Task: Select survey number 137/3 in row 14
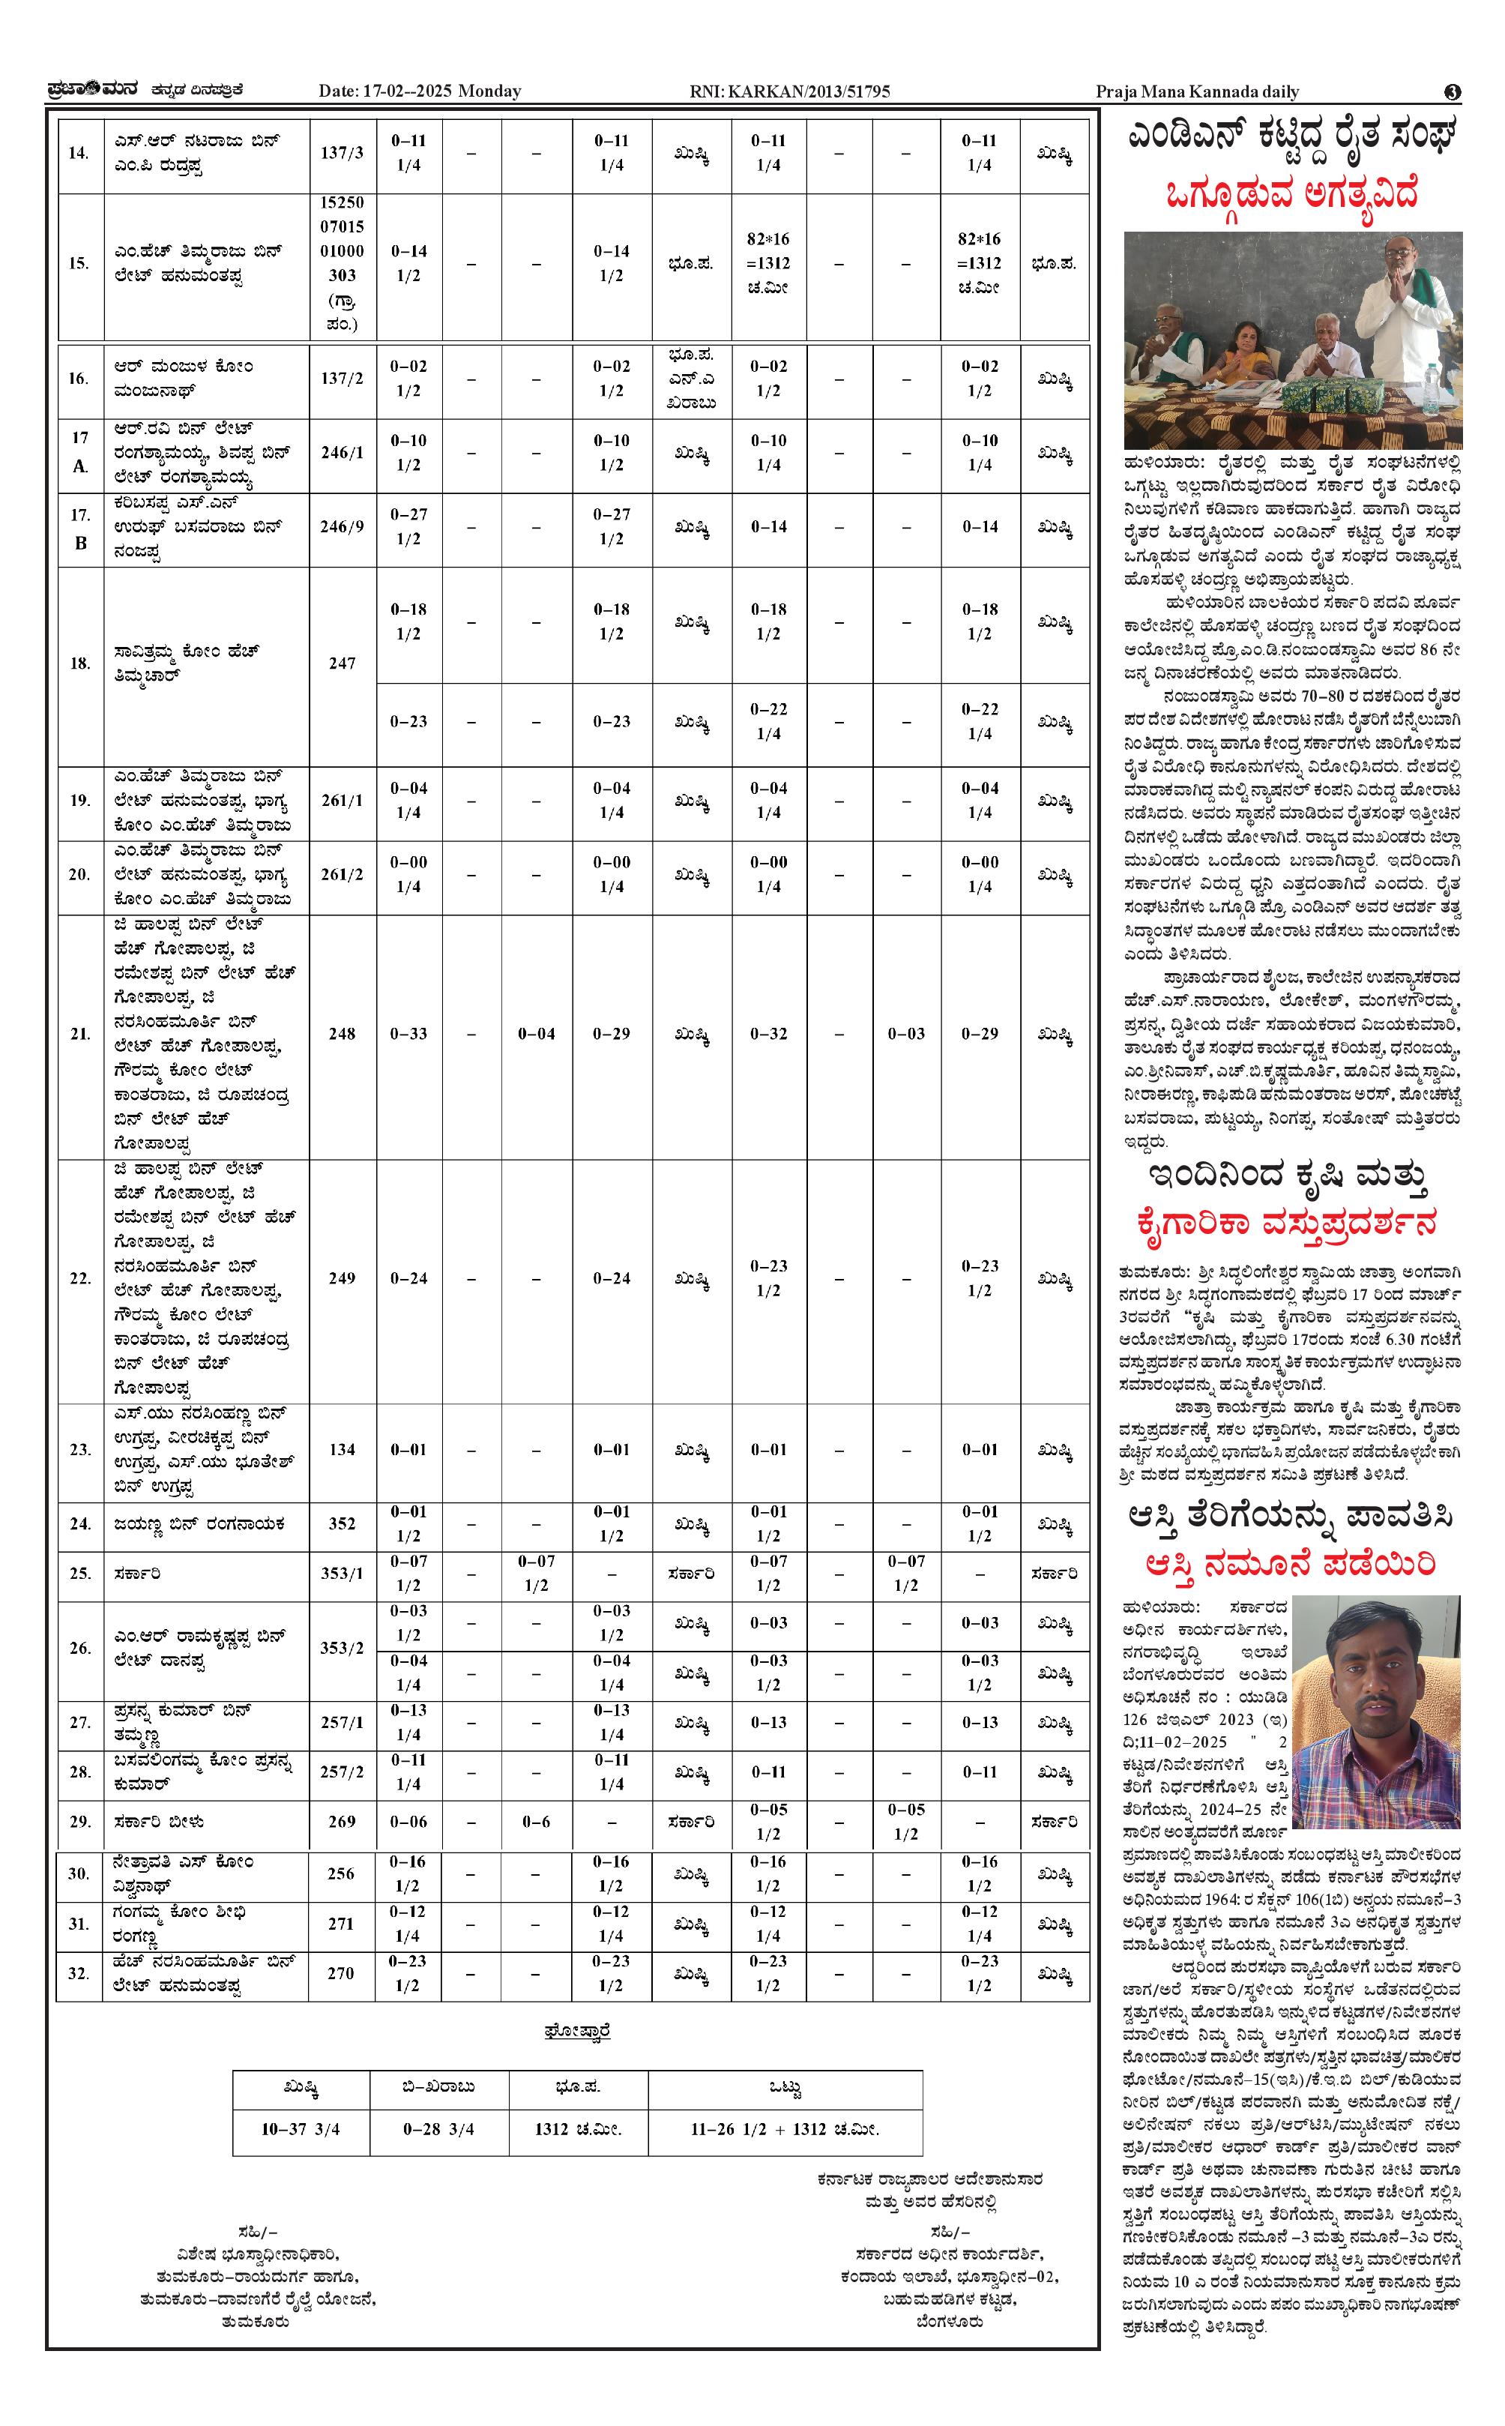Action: tap(342, 152)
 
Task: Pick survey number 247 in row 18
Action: tap(342, 663)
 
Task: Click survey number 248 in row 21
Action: tap(342, 1033)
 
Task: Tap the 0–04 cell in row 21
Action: tap(537, 1033)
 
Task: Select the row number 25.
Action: tap(79, 1573)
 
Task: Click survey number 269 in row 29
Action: tap(342, 1821)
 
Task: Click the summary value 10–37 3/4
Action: tap(301, 2128)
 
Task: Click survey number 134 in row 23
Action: tap(342, 1449)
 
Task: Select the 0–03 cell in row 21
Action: tap(906, 1033)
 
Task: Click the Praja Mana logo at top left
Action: tap(95, 91)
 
